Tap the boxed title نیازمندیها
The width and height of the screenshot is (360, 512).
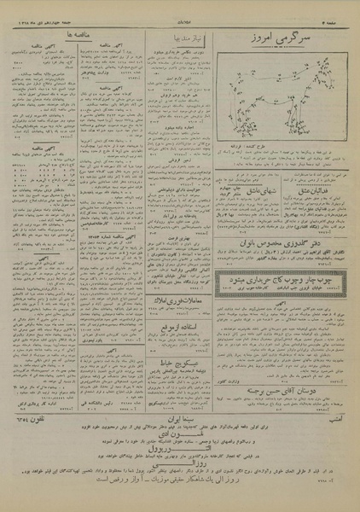coord(180,38)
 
